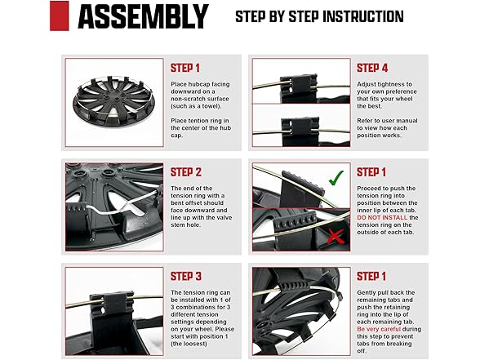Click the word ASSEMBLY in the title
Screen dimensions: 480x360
pyautogui.click(x=144, y=16)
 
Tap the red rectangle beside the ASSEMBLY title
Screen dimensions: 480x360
pyautogui.click(x=59, y=16)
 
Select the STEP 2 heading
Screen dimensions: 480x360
pyautogui.click(x=186, y=172)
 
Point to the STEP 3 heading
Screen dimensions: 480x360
pyautogui.click(x=186, y=277)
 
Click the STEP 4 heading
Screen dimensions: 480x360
pyautogui.click(x=372, y=68)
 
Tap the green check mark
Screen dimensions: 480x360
pyautogui.click(x=336, y=178)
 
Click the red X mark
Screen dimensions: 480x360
pyautogui.click(x=336, y=237)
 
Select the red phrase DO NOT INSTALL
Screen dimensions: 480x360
pyautogui.click(x=382, y=218)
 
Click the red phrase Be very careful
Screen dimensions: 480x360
pyautogui.click(x=379, y=329)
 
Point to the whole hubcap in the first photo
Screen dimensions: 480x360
pyautogui.click(x=113, y=100)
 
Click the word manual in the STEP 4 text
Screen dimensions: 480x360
pyautogui.click(x=407, y=121)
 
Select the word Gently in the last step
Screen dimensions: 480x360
pyautogui.click(x=367, y=292)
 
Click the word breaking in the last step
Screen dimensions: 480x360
pyautogui.click(x=399, y=344)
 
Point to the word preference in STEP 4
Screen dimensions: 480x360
pyautogui.click(x=401, y=91)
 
